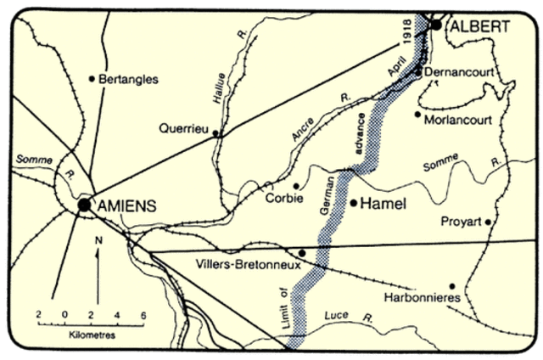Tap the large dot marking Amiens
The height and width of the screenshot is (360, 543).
pyautogui.click(x=84, y=205)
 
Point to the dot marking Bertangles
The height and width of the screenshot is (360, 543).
pyautogui.click(x=92, y=79)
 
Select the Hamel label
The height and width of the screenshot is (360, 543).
pyautogui.click(x=385, y=204)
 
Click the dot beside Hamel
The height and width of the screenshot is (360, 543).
pyautogui.click(x=353, y=203)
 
